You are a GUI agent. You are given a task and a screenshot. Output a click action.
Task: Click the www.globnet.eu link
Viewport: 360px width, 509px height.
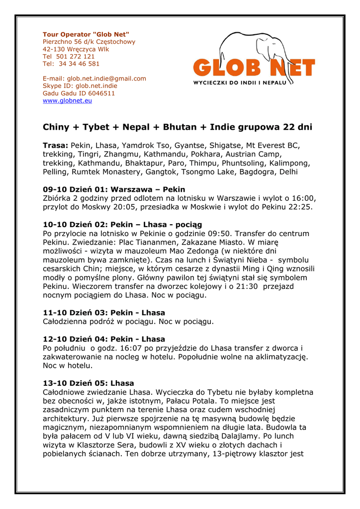coord(67,101)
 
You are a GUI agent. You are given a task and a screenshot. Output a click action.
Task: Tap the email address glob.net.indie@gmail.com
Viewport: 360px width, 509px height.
coord(107,79)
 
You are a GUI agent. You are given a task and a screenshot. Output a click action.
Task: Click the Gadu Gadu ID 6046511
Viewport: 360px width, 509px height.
coord(99,93)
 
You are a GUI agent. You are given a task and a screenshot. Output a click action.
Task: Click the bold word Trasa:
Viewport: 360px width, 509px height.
coord(55,146)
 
